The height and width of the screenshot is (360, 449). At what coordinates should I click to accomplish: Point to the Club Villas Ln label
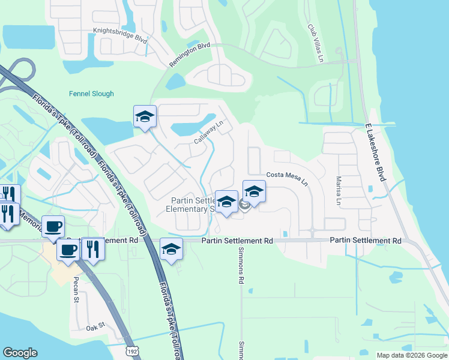click(x=315, y=43)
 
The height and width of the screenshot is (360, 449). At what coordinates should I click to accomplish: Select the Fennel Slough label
click(x=91, y=94)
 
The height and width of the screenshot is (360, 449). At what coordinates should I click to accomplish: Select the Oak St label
click(x=95, y=326)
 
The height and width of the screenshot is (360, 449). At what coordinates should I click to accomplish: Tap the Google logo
click(x=20, y=352)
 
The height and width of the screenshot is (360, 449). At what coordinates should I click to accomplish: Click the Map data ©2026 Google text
click(x=411, y=355)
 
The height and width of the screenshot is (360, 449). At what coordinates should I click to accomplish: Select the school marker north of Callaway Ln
click(x=145, y=117)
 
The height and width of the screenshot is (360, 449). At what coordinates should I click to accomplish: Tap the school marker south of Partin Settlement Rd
click(x=171, y=248)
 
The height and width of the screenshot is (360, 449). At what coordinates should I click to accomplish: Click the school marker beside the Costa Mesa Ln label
click(x=254, y=192)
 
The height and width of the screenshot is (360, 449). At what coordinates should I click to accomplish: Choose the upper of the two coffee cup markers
click(x=53, y=227)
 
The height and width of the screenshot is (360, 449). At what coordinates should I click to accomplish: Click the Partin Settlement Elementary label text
click(x=191, y=205)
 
